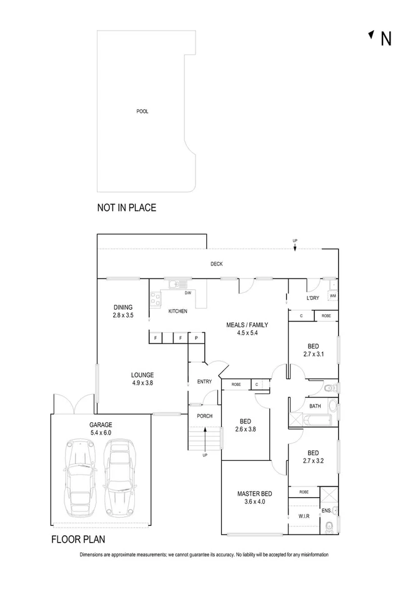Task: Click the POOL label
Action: (x=142, y=112)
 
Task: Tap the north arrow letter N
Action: (x=386, y=39)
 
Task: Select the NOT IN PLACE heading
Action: (x=126, y=208)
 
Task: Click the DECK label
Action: (x=216, y=264)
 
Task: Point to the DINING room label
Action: (x=122, y=307)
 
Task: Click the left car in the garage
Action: (x=80, y=476)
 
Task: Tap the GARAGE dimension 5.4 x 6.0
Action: (x=100, y=433)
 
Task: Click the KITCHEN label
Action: (x=178, y=311)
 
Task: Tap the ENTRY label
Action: (x=204, y=382)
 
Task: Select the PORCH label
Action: (x=204, y=416)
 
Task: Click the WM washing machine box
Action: (x=332, y=296)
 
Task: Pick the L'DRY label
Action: (x=312, y=298)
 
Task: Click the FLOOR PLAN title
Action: (x=77, y=539)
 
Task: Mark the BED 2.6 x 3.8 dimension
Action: (x=245, y=430)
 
